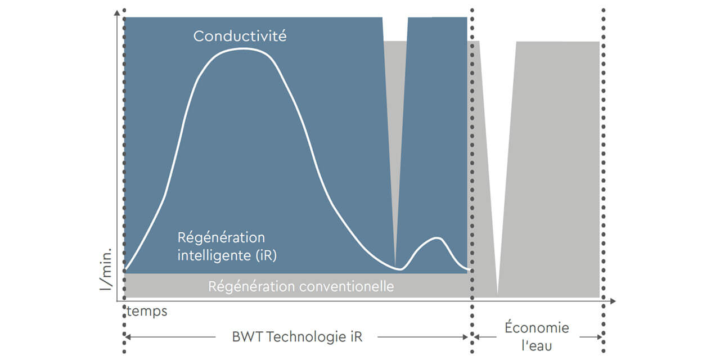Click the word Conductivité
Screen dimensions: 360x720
[x=240, y=37]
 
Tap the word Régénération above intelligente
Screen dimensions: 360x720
[x=221, y=237]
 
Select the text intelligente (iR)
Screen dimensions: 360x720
[x=227, y=255]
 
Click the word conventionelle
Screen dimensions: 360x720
[x=346, y=286]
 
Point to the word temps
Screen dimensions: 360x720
[x=147, y=311]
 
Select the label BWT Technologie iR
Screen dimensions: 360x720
[x=297, y=337]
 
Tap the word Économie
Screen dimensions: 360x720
[x=537, y=328]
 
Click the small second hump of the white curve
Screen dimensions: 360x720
[x=436, y=238]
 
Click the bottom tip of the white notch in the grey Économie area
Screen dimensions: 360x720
[x=497, y=292]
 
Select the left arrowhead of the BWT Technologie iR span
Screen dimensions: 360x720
[x=127, y=337]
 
